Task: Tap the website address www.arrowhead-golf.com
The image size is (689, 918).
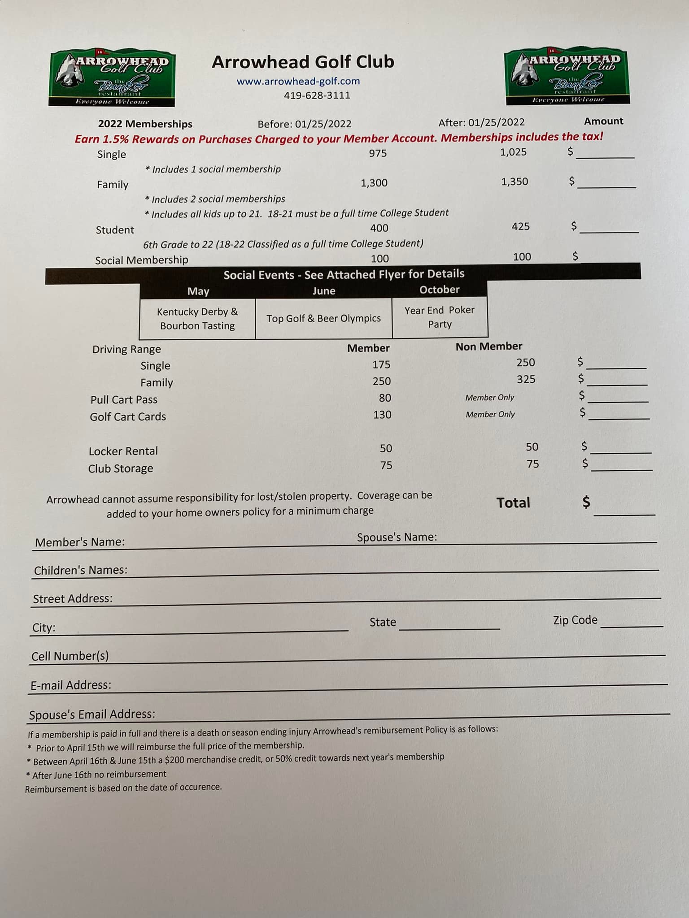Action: (x=298, y=81)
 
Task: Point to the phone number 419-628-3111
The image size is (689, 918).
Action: (x=317, y=95)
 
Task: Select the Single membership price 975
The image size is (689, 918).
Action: (x=378, y=153)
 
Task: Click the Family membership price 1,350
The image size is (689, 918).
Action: (x=515, y=182)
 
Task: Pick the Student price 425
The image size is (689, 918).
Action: (x=520, y=226)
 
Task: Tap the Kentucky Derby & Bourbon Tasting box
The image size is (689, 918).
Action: (x=197, y=318)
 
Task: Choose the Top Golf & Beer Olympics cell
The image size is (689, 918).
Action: (x=323, y=318)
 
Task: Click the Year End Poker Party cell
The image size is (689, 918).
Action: (x=440, y=317)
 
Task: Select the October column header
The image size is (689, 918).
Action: (x=440, y=290)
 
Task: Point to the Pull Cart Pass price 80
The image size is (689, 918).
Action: (x=385, y=398)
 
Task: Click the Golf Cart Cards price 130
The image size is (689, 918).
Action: (x=382, y=415)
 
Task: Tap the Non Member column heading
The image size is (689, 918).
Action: (x=489, y=346)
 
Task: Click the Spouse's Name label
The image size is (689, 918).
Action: (x=397, y=537)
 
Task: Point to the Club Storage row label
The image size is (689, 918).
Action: (x=121, y=468)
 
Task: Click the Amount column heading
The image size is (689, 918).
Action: (x=603, y=121)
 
